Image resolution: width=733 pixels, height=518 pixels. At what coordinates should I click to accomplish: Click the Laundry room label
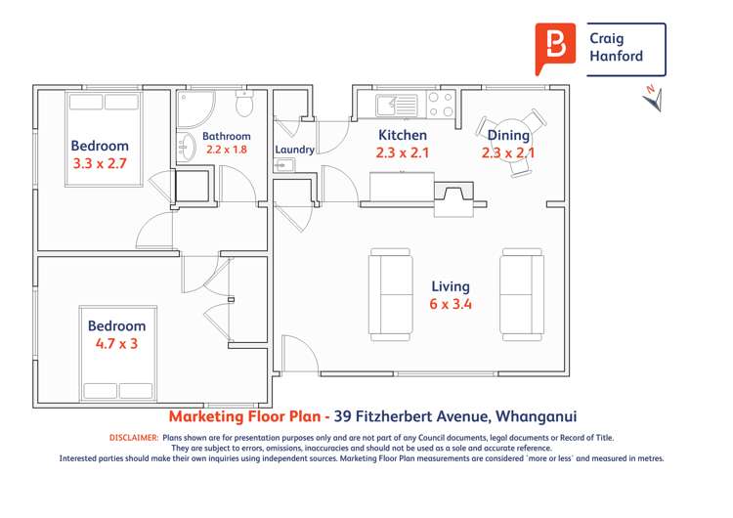[x=294, y=150]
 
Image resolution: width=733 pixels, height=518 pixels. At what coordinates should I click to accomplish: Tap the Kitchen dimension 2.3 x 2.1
[x=402, y=152]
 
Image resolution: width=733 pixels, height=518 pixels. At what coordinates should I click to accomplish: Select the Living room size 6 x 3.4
[x=451, y=304]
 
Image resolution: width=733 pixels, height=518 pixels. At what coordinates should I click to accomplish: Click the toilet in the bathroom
[x=244, y=104]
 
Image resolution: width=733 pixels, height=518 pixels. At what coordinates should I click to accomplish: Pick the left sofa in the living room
[x=390, y=294]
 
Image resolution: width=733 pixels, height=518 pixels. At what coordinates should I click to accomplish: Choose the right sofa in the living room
[x=522, y=294]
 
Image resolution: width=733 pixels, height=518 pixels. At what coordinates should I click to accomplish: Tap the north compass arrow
[x=652, y=98]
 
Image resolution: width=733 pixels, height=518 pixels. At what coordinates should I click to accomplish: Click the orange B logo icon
[x=556, y=47]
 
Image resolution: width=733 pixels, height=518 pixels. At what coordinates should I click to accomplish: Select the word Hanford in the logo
[x=617, y=57]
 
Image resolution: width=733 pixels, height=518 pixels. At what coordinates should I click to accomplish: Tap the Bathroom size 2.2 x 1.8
[x=227, y=150]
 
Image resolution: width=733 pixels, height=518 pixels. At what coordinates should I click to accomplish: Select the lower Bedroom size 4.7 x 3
[x=116, y=344]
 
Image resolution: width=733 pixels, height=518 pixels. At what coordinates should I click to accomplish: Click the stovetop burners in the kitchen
[x=442, y=105]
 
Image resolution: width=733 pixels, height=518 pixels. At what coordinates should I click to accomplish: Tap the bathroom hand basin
[x=186, y=147]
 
